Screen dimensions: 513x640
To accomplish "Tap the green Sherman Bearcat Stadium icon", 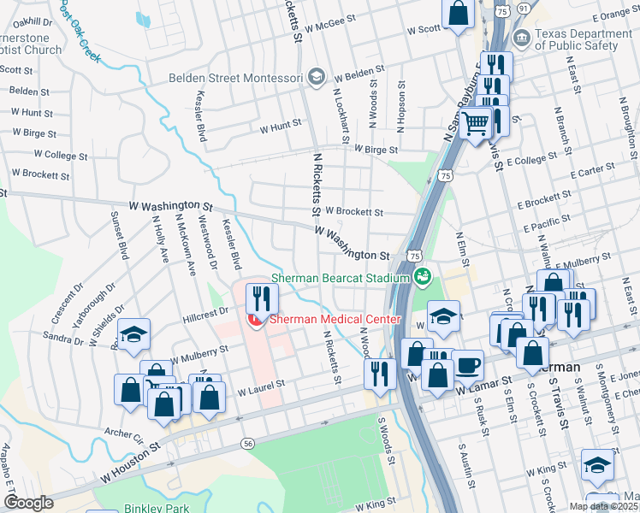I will coord(422,276).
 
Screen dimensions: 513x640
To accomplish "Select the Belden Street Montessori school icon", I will coord(316,78).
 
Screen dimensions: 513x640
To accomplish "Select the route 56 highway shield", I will coord(247,444).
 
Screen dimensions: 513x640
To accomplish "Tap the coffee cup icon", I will coord(467,365).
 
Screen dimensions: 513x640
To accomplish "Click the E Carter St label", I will coord(603,172).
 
